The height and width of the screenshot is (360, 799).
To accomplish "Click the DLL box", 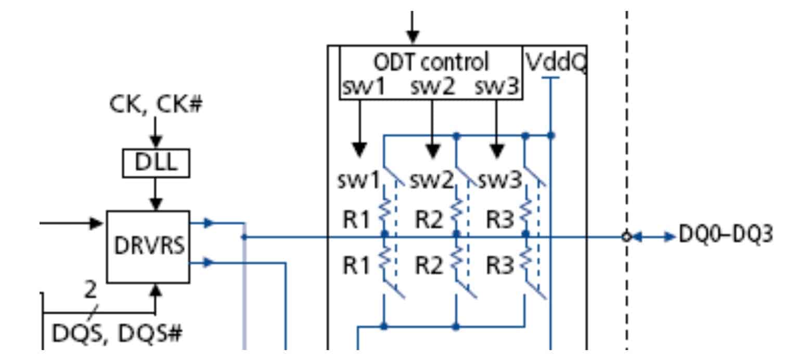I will [156, 163].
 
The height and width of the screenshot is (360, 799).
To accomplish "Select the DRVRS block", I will [148, 247].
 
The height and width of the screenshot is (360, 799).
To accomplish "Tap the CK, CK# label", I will [156, 104].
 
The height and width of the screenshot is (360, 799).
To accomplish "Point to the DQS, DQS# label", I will [118, 333].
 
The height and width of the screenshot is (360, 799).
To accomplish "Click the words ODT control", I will [431, 61].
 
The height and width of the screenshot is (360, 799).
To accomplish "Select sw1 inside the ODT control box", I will [363, 87].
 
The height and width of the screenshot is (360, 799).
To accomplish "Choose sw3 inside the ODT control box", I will [497, 87].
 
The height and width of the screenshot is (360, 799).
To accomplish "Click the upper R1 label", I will [356, 220].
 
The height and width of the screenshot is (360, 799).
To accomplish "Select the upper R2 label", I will [428, 220].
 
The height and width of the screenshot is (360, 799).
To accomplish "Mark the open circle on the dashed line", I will [627, 237].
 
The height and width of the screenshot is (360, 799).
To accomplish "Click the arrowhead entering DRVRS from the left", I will [96, 223].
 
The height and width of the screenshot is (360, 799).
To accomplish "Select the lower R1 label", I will [356, 266].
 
